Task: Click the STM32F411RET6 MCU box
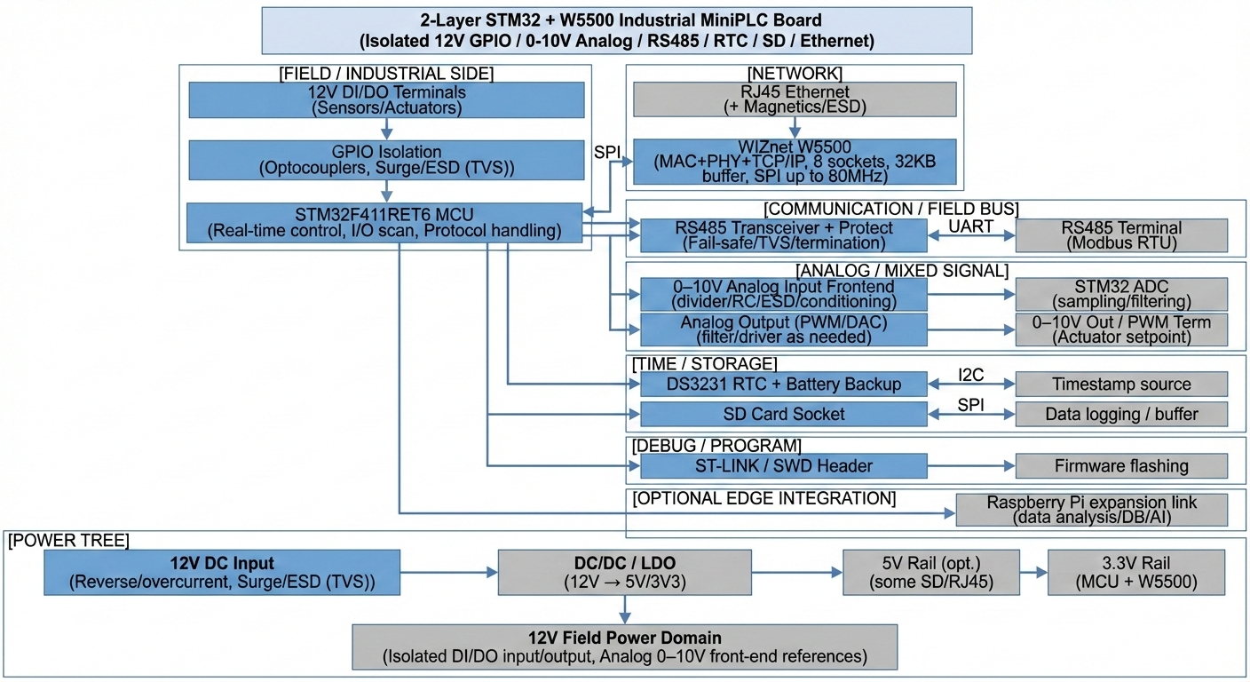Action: click(384, 223)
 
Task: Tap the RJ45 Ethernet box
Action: click(795, 99)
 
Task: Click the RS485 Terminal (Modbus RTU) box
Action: click(1120, 236)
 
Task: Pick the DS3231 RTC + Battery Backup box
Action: click(783, 385)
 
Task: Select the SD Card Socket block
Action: click(783, 414)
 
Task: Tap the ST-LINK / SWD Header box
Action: click(783, 465)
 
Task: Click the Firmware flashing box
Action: click(1120, 465)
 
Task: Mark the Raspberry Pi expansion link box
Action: click(1091, 510)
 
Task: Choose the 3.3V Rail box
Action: click(1135, 571)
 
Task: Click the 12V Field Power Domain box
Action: click(624, 647)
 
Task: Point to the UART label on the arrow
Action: click(971, 226)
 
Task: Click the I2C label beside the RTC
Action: click(970, 375)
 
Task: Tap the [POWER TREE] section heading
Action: click(68, 541)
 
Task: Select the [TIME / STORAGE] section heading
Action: click(704, 364)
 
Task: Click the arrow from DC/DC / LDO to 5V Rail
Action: click(796, 572)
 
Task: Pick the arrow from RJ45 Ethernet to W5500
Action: click(795, 127)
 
